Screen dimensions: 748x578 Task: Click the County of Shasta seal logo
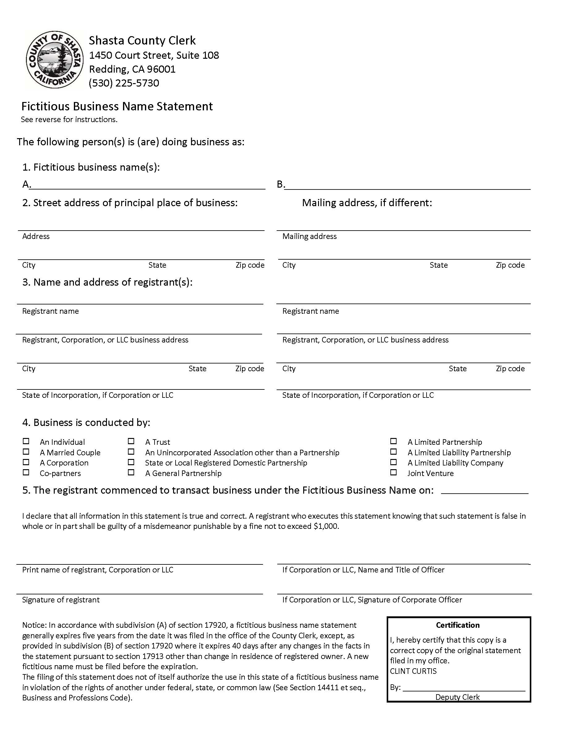55,60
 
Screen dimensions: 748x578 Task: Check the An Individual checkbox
26,441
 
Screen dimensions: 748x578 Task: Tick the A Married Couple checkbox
26,452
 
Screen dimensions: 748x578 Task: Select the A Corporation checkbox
26,462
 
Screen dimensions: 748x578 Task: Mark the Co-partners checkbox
26,472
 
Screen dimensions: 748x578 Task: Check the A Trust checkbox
131,441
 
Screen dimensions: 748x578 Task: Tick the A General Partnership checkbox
131,472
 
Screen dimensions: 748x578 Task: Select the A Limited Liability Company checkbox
394,462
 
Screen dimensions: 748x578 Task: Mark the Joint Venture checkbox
394,472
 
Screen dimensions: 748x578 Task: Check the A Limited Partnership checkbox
394,441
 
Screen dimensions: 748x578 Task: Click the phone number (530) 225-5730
124,83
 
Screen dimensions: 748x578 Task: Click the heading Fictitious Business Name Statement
117,107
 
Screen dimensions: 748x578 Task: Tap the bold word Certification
457,625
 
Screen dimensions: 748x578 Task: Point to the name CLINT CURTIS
413,671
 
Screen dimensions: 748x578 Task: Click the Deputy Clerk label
457,697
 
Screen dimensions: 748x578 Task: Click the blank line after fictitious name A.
148,185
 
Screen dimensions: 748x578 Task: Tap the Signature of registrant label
61,600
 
